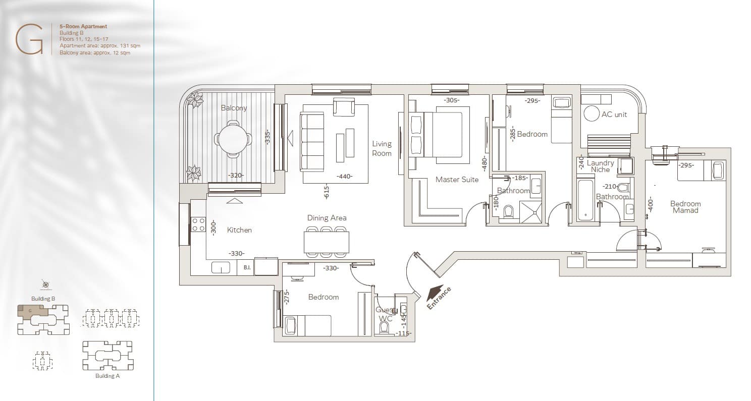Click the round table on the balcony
pos(233,139)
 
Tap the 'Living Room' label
pos(382,148)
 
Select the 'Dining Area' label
pos(327,218)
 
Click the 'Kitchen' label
pos(239,230)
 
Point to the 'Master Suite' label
pos(457,180)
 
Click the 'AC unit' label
pos(614,114)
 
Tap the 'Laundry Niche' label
pos(600,166)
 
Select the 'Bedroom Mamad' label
pos(685,207)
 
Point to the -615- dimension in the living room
pos(327,192)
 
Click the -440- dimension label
pos(344,176)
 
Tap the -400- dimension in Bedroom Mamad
pos(651,204)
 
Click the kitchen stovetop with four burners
pos(198,224)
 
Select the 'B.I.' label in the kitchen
pos(247,267)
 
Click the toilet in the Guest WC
pos(384,327)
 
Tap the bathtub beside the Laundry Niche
pos(586,200)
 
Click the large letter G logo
pos(29,39)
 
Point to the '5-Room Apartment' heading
pos(83,26)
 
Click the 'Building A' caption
pos(108,376)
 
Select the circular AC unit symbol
pos(591,113)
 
